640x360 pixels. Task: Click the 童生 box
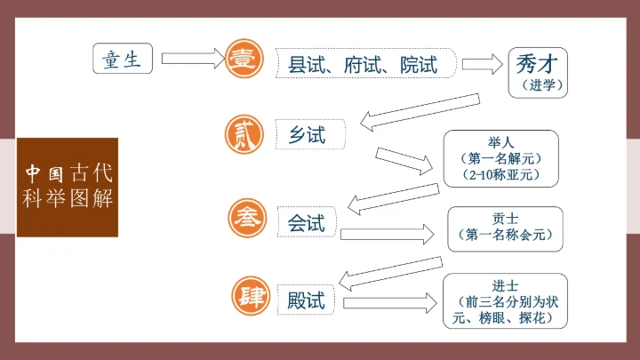click(x=123, y=59)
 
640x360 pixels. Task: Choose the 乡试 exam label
click(x=308, y=135)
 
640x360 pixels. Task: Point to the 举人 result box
click(x=501, y=158)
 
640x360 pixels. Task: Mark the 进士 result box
click(x=504, y=299)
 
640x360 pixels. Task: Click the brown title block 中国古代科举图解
click(x=68, y=186)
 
